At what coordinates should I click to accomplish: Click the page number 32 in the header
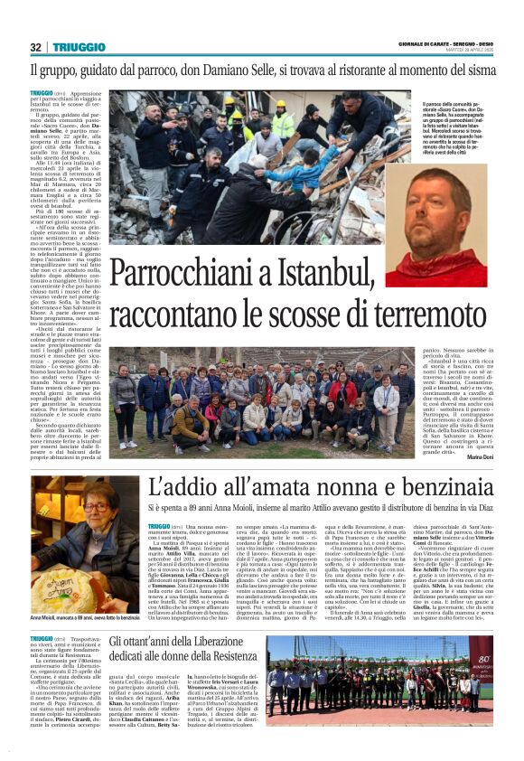click(35, 47)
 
